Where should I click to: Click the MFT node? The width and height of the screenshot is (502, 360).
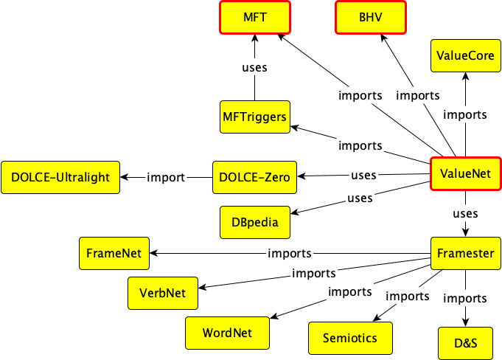254,17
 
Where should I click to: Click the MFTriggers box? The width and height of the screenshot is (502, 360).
254,117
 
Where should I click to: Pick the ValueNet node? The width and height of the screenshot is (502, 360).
465,175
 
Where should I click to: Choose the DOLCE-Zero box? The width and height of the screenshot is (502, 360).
254,177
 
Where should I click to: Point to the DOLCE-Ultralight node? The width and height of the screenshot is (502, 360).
61,177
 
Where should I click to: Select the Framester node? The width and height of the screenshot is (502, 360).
465,253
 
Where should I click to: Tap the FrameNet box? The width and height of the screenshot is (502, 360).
114,253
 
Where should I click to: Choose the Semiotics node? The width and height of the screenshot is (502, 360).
349,337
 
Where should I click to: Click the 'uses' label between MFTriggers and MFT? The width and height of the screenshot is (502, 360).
254,68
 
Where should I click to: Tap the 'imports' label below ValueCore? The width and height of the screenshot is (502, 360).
464,114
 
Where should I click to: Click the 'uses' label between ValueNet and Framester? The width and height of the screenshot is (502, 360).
464,213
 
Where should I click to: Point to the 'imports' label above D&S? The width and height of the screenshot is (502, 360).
464,298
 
